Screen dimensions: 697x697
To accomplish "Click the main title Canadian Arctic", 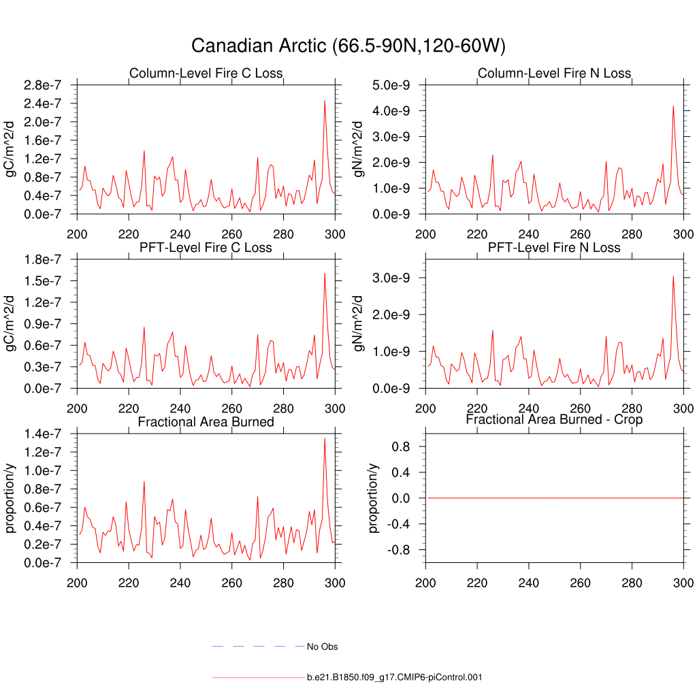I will (348, 46).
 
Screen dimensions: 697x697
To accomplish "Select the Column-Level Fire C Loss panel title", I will (206, 74).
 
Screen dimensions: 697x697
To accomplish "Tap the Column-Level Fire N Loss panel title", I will (554, 74).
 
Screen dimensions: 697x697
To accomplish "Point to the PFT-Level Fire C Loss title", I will (206, 248).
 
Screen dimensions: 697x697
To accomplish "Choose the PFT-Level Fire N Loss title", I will (554, 248).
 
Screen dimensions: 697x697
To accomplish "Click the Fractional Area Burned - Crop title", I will (554, 420).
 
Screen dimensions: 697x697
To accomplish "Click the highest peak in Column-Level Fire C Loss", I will (325, 101).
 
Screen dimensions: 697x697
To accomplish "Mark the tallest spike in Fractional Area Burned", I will (325, 438).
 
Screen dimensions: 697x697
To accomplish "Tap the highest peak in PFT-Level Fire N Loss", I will (673, 276).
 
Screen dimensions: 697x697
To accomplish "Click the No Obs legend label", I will (322, 647).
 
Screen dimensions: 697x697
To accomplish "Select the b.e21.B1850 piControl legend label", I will (395, 677).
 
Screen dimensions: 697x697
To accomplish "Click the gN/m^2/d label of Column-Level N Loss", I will (360, 150).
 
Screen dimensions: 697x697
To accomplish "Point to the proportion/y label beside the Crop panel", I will (374, 498).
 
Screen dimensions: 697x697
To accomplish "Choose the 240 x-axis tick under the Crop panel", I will (528, 583).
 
